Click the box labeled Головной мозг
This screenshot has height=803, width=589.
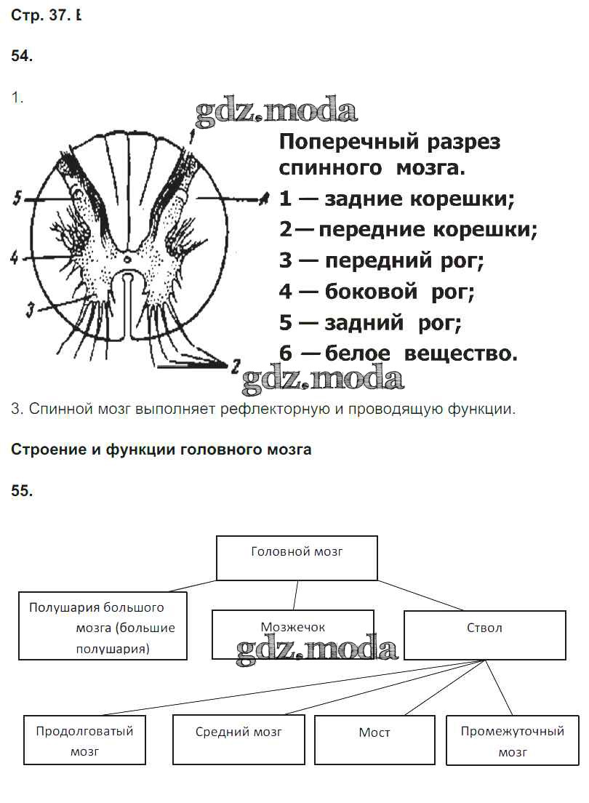click(297, 558)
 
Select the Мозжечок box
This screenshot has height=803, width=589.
click(293, 634)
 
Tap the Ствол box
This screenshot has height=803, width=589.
click(484, 634)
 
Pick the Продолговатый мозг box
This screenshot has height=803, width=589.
click(84, 740)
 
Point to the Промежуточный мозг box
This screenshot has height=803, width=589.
click(513, 740)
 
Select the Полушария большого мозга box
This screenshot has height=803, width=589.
click(103, 626)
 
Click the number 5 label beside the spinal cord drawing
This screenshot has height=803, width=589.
click(17, 197)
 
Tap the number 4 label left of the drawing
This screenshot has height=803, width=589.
click(14, 257)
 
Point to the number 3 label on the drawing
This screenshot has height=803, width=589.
click(30, 310)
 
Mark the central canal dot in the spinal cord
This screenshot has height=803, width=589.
click(127, 258)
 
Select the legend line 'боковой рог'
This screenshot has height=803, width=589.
click(377, 292)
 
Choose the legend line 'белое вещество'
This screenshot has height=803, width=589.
click(398, 353)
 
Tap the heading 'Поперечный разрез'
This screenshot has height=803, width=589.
click(390, 141)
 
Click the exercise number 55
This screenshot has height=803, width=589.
click(22, 490)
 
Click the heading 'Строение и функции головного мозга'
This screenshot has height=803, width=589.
click(161, 450)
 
